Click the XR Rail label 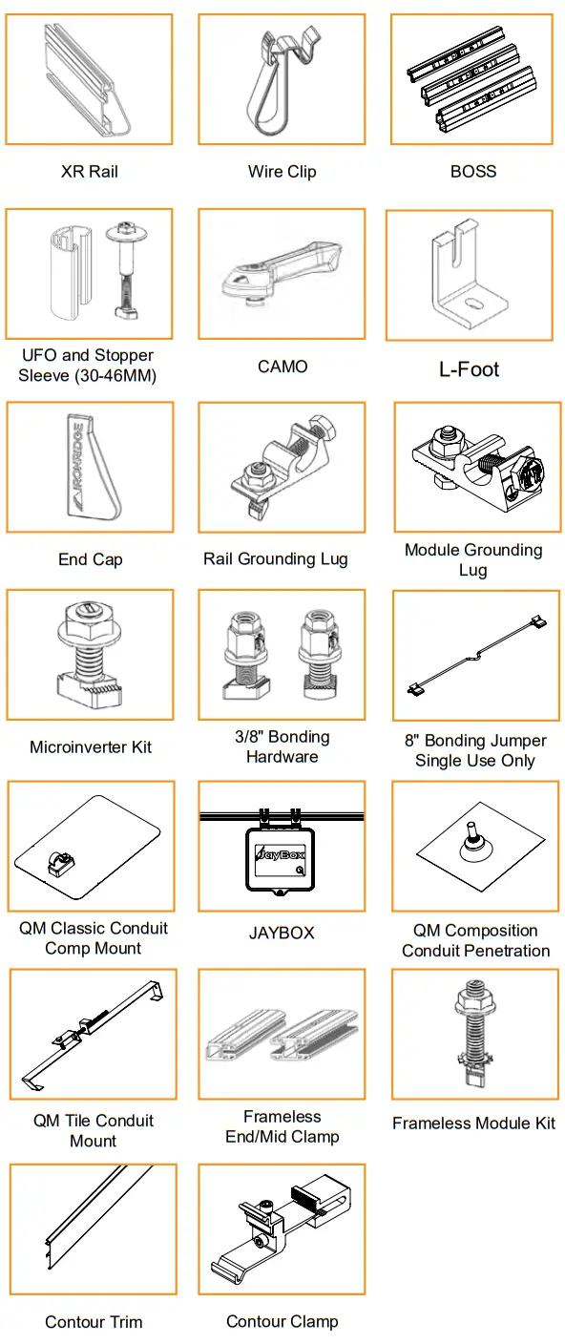[90, 172]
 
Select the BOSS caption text [473, 172]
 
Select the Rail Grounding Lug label [275, 559]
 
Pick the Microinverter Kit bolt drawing [90, 653]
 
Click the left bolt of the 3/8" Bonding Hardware [243, 655]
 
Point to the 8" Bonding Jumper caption [475, 750]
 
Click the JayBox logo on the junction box [280, 854]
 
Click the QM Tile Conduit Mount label [94, 1130]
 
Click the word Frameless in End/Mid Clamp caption [282, 1117]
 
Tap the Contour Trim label [94, 1322]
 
